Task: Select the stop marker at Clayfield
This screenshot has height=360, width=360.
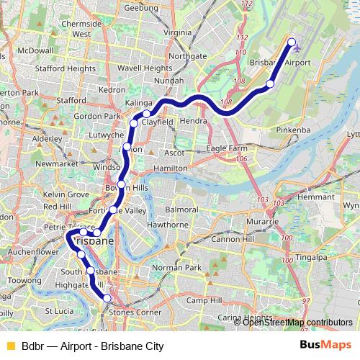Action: tap(146, 114)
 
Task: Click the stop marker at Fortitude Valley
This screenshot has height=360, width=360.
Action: tap(114, 210)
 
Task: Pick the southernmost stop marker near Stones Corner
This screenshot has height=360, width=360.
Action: tap(107, 298)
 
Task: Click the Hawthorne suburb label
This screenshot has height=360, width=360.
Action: tap(167, 224)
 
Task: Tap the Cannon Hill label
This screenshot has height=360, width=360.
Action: tap(232, 238)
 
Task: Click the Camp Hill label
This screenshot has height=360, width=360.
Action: tap(204, 300)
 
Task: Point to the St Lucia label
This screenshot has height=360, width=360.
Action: tap(58, 311)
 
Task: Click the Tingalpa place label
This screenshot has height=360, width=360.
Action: tap(310, 256)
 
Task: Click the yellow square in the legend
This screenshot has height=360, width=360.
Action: tap(10, 346)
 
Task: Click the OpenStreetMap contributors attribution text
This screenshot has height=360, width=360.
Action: tap(297, 322)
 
